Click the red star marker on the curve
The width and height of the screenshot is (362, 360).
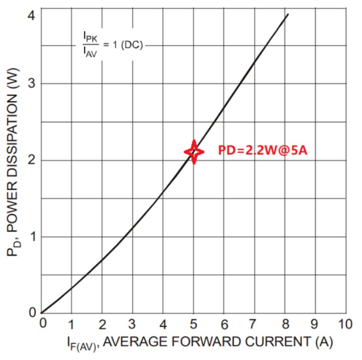[x=194, y=152]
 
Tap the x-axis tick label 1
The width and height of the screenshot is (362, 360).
[x=71, y=323]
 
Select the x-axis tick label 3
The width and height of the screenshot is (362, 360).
[x=132, y=323]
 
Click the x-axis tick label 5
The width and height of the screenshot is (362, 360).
[x=193, y=323]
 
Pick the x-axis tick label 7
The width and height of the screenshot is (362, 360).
[x=254, y=323]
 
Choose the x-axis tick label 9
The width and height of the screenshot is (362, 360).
[x=315, y=323]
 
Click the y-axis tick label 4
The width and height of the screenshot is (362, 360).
[x=31, y=15]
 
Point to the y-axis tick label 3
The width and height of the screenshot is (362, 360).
[x=31, y=84]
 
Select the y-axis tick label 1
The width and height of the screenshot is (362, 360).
[x=31, y=237]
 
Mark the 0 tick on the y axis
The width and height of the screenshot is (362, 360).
[x=31, y=313]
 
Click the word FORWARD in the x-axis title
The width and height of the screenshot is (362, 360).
[x=205, y=342]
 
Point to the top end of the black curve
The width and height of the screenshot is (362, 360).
[x=288, y=14]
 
